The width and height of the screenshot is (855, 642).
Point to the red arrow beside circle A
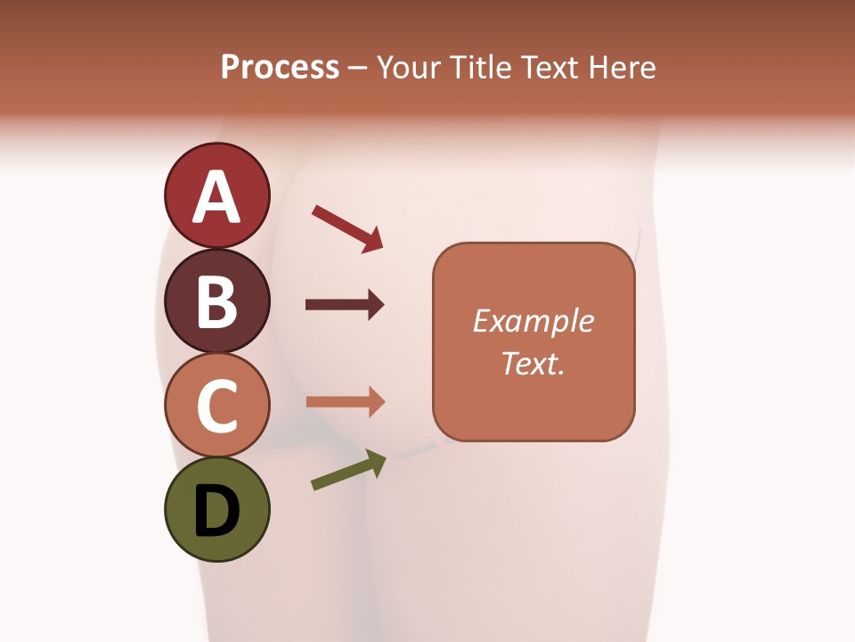click(347, 228)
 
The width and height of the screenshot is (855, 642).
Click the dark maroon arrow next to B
click(345, 306)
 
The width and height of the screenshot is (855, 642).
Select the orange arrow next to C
click(345, 401)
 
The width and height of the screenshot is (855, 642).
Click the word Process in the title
click(280, 68)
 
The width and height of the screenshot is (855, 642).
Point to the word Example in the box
click(533, 321)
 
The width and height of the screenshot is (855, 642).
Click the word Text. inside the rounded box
click(533, 364)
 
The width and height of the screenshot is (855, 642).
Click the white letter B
click(216, 302)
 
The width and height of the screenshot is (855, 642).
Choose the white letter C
click(216, 407)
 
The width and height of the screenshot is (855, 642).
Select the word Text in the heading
click(549, 68)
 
